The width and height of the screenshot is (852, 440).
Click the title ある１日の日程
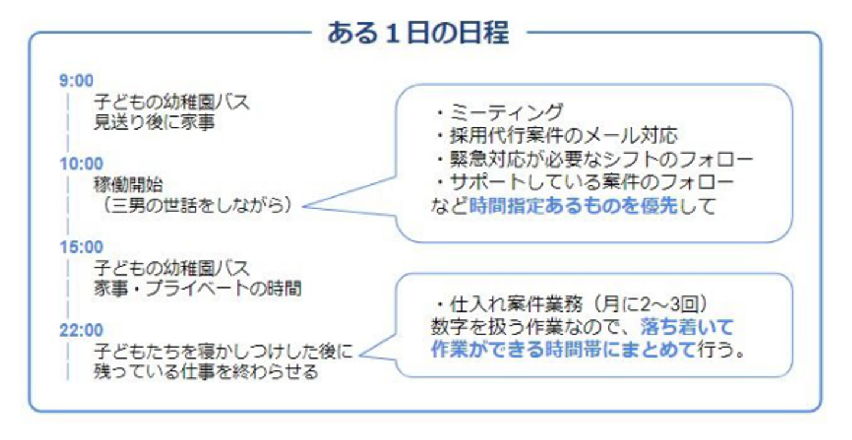point(418,33)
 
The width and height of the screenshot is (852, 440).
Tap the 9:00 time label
point(76,80)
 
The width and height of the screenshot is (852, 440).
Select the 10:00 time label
point(81,164)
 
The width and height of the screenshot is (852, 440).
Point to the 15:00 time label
point(81,247)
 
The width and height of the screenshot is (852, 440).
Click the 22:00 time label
point(81,329)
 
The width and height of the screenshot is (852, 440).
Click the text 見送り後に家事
point(154,123)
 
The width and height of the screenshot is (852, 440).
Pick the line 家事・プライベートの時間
point(198,289)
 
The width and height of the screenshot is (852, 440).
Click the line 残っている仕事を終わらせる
point(206,372)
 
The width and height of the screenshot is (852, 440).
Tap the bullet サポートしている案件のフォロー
point(583,182)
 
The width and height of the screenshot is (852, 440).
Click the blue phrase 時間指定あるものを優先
point(573,206)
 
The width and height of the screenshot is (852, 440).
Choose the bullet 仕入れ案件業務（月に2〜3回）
point(570,305)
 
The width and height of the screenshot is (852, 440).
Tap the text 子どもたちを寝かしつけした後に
point(224,352)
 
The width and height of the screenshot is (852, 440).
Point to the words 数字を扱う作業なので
point(532,327)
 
